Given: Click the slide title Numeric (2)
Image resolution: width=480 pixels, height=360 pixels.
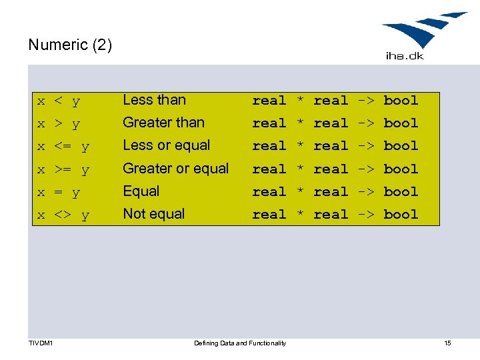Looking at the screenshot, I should coord(70,45).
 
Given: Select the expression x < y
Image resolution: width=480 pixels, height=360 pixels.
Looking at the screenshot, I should coord(59,101).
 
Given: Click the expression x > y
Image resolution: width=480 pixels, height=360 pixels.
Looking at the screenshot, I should coord(59,124).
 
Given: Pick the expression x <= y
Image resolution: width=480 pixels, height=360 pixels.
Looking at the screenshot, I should coord(63,147).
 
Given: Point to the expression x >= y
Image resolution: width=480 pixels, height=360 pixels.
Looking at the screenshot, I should coord(63,170).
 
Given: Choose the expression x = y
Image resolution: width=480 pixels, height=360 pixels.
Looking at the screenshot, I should coord(59,193).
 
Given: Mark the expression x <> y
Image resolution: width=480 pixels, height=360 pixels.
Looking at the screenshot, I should coord(63,215).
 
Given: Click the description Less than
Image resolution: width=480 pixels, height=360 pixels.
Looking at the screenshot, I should coord(154,100).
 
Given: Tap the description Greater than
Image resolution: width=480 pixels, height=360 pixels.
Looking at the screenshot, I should coord(163,123).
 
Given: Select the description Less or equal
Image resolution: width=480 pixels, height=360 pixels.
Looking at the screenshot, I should coord(166,145).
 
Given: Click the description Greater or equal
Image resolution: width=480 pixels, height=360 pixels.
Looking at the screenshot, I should coord(175,169).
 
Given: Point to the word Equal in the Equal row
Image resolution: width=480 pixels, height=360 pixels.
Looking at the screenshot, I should coord(141,191).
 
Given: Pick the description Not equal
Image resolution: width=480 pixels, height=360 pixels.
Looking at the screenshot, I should coord(153,214).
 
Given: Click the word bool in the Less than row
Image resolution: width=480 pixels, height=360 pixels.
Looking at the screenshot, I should coord(401,101).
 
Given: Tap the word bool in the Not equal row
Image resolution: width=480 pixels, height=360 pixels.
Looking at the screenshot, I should coord(401,215).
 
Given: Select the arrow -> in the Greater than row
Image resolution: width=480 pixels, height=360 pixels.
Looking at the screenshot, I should coord(366,123).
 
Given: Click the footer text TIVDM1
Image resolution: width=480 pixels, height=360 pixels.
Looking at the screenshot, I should coord(41,343).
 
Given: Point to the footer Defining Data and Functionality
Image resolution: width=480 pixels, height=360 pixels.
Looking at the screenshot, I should coord(240,343).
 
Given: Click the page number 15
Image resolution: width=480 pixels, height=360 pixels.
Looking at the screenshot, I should coord(447,343).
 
